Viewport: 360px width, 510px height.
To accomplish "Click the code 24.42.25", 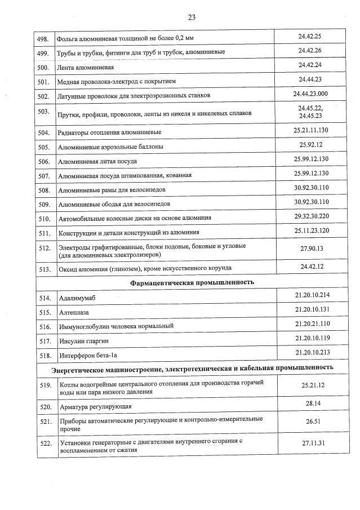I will [309, 37].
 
